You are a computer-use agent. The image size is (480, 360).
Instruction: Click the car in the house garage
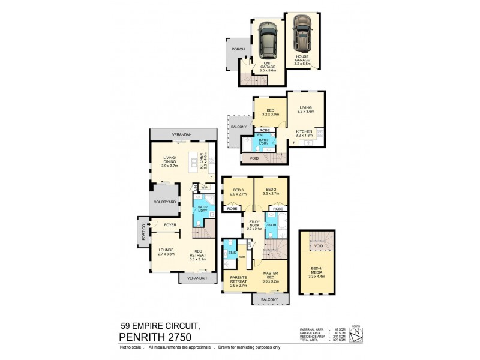click(x=302, y=33)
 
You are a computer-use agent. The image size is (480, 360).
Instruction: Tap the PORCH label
click(x=234, y=50)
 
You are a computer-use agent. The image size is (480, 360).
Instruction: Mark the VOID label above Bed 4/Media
click(x=319, y=245)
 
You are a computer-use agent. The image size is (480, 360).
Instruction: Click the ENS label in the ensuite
click(x=231, y=253)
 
